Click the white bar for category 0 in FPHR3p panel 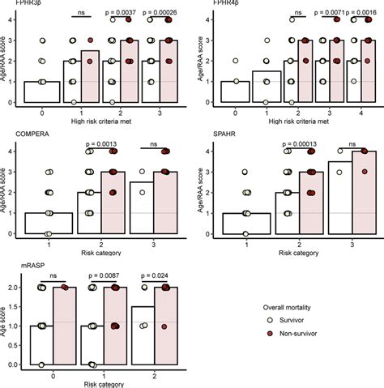tap(42, 92)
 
